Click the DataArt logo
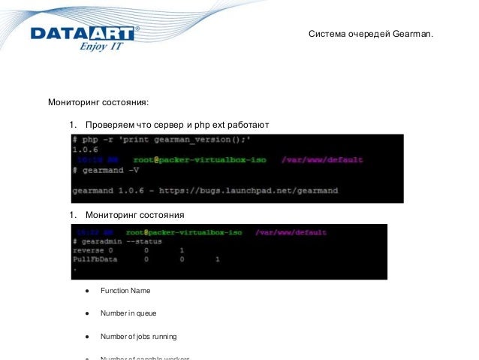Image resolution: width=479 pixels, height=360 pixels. [x=83, y=33]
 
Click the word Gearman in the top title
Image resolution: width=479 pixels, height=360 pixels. [x=412, y=35]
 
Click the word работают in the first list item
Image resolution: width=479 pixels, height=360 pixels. [x=246, y=124]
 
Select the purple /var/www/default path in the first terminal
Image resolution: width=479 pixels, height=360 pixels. [x=322, y=160]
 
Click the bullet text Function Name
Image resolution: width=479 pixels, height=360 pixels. [x=125, y=290]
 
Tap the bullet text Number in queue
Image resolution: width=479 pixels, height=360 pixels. [x=128, y=313]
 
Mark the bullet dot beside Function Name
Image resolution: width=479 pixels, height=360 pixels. [x=88, y=291]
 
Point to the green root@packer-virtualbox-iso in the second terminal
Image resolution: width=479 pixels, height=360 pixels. [x=183, y=232]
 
